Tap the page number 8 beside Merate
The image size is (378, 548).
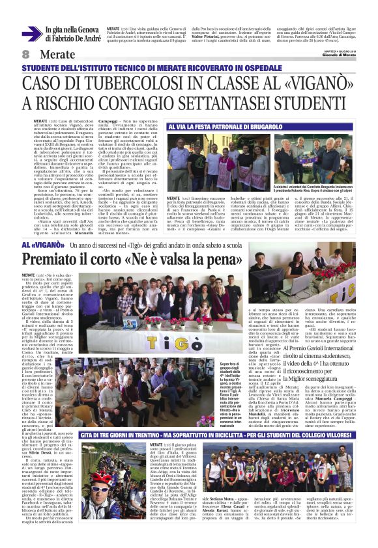[x=26, y=54]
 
